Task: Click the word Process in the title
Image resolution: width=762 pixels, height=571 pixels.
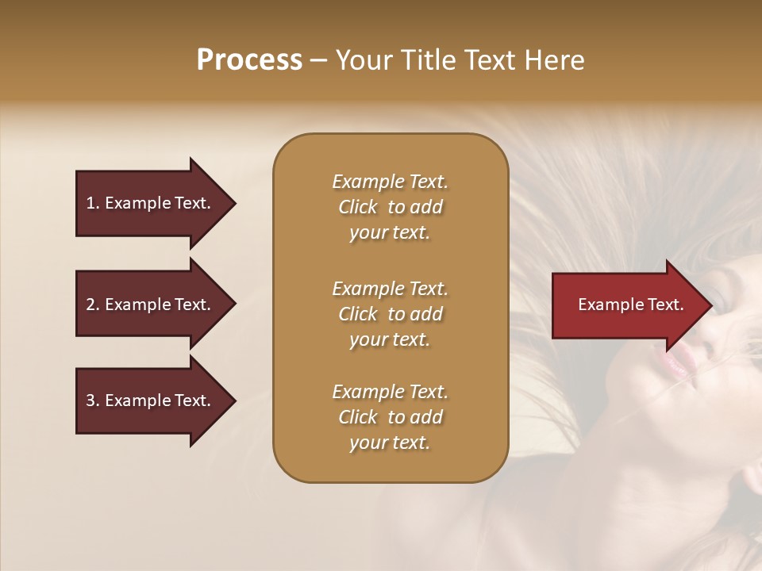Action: coord(249,60)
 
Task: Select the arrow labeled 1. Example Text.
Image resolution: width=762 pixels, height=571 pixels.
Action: coord(151,203)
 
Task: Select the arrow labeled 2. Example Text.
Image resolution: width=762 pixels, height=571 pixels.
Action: coord(151,305)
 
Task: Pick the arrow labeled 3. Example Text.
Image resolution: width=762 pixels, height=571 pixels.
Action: coord(151,400)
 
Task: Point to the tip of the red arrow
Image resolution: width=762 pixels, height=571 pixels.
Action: coord(710,305)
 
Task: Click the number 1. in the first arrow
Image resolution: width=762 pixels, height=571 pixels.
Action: coord(93,203)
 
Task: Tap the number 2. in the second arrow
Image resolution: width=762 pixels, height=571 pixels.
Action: coord(93,305)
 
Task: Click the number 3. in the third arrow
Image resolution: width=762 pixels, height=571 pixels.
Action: coord(93,400)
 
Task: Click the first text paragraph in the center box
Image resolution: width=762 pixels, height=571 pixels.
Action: coord(390,207)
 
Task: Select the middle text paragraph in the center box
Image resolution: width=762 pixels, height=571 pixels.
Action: coord(390,313)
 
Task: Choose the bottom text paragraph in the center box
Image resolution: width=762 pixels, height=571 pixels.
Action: coord(390,417)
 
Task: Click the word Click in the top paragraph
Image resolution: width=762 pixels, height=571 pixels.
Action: coord(358,207)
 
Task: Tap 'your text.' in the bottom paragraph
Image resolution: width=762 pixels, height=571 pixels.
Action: coord(390,443)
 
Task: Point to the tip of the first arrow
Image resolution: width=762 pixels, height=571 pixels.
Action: coord(234,203)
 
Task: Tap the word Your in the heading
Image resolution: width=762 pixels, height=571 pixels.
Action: coord(362,60)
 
